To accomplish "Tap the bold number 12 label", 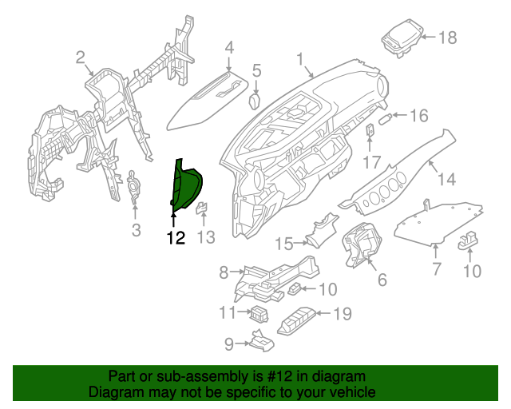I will [x=175, y=237].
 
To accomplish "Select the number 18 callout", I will [x=447, y=37].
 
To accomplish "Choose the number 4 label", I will [x=229, y=47].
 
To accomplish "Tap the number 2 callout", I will [x=80, y=57].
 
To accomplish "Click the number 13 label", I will [x=206, y=237].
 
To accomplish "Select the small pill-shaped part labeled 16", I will [x=385, y=117].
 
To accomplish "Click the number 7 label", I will [x=436, y=269].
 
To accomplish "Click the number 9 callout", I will [x=228, y=343].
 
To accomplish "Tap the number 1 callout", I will [x=300, y=59].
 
